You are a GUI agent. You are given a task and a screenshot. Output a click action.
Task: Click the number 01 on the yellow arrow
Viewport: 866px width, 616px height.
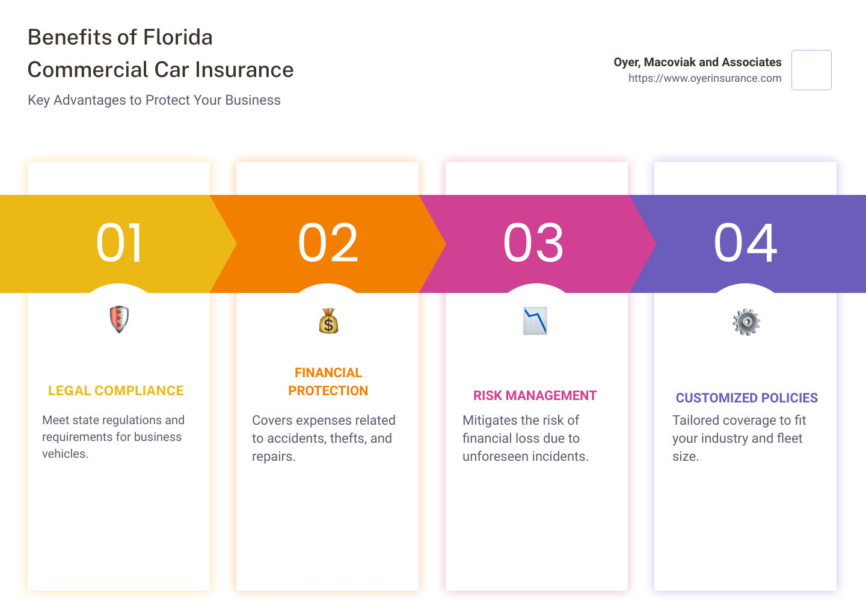[x=118, y=243]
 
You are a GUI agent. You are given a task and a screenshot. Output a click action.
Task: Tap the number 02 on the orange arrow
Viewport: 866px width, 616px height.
[x=328, y=243]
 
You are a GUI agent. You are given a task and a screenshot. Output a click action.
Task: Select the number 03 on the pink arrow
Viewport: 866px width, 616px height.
[x=533, y=243]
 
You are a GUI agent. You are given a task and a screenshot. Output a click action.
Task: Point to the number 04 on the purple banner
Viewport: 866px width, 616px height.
[x=745, y=243]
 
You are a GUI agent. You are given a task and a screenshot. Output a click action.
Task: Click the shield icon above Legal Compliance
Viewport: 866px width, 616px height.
[x=119, y=319]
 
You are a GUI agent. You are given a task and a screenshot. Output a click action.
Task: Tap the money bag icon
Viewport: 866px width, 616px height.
[x=328, y=321]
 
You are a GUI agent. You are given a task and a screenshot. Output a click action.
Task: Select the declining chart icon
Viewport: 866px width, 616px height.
[x=535, y=321]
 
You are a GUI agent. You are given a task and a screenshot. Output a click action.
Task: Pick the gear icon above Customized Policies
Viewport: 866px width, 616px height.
[x=746, y=322]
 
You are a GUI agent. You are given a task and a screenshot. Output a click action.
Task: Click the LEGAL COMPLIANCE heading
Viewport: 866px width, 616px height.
[x=116, y=390]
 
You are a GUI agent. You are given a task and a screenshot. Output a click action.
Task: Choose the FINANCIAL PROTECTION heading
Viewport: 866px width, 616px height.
[x=328, y=381]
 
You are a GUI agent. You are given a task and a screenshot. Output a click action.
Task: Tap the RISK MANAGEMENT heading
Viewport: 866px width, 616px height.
[x=535, y=396]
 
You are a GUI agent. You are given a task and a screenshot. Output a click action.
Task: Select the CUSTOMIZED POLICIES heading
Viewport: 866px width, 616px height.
[x=746, y=398]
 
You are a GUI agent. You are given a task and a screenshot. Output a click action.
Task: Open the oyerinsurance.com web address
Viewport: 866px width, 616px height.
[x=705, y=78]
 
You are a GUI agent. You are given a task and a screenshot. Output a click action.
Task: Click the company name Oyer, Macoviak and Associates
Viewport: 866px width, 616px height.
[x=698, y=62]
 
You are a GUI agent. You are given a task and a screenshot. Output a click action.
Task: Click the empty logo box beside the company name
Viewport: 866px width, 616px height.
[x=811, y=70]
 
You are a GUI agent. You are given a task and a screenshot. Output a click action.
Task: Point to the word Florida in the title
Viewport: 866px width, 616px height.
[x=178, y=37]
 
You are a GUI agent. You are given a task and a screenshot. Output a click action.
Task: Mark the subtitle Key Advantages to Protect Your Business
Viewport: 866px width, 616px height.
[x=154, y=100]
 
